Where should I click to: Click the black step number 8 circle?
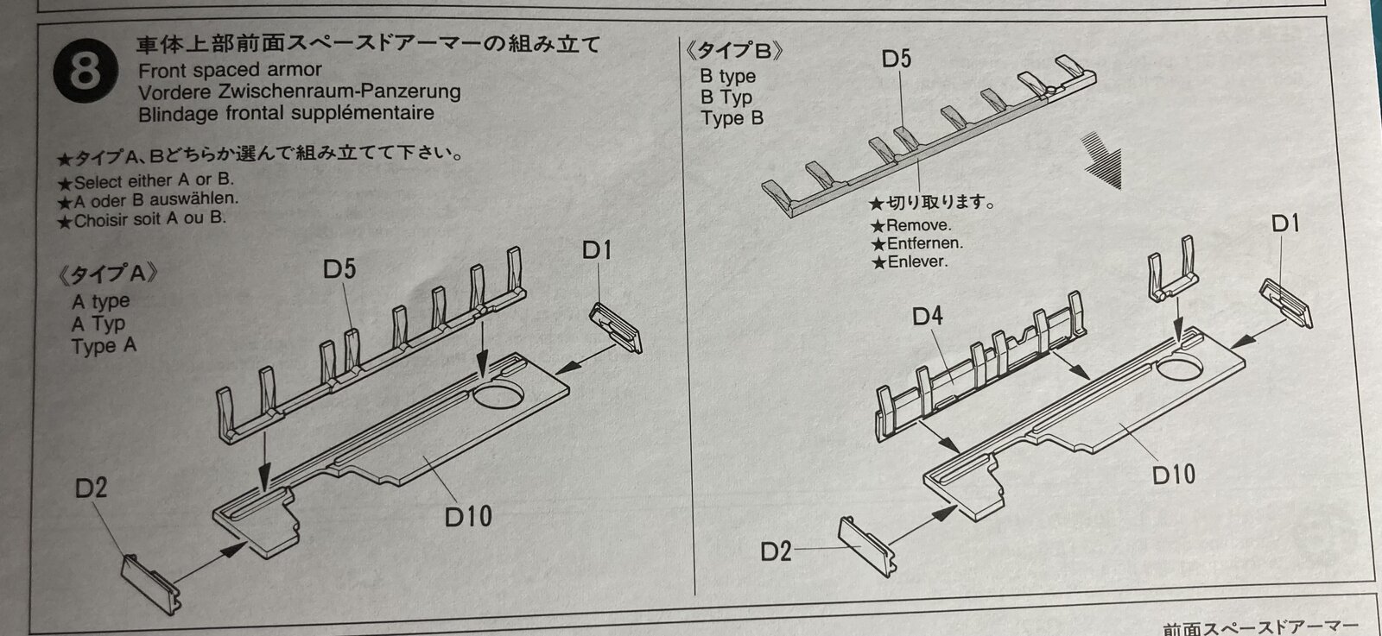tap(86, 71)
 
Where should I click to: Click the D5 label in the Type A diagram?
tap(339, 269)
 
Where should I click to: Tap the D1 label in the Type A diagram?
tap(597, 250)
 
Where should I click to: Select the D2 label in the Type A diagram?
tap(91, 488)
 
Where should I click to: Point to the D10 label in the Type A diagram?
tap(468, 517)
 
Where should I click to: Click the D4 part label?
tap(928, 316)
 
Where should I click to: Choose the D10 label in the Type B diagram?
tap(1174, 475)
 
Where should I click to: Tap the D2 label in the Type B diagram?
tap(776, 551)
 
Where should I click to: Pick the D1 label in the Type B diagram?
tap(1285, 224)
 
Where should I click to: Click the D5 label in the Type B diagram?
tap(897, 59)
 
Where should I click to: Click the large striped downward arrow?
tap(1102, 160)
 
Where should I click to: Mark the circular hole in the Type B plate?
tap(1179, 368)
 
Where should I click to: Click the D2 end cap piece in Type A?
tap(150, 584)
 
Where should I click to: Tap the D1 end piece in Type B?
tap(1286, 303)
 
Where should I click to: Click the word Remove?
tap(918, 225)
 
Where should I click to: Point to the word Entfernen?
tap(924, 243)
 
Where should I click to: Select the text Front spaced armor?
tap(230, 70)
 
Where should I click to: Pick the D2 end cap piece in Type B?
tap(867, 546)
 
